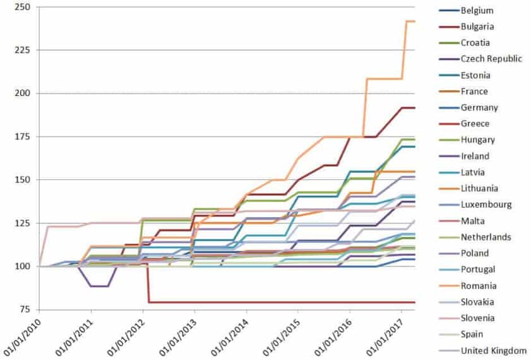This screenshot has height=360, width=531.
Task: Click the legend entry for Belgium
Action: point(477,11)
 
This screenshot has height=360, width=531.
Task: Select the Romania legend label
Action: point(479,286)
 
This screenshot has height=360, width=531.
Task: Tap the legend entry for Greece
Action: point(475,124)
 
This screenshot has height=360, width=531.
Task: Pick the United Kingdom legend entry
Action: point(493,351)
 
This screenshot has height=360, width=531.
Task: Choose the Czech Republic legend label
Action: point(491,59)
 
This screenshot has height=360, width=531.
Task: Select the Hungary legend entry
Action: point(478,140)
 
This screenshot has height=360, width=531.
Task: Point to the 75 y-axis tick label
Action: point(25,309)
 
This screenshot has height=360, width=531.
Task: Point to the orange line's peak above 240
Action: point(410,21)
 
